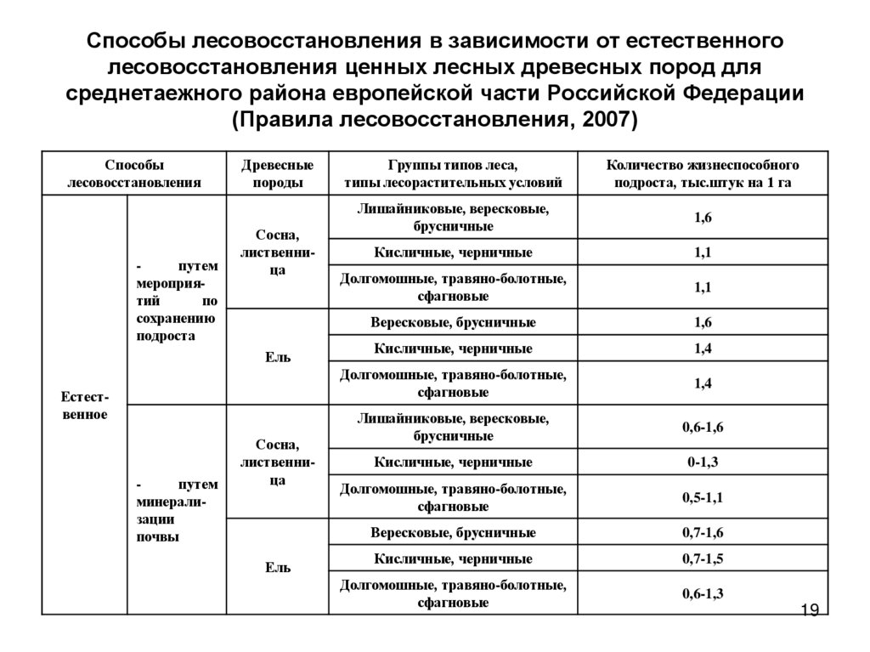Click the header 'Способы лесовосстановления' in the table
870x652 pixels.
click(x=134, y=173)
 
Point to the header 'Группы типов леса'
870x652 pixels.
click(x=453, y=165)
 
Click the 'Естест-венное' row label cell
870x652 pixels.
click(x=84, y=405)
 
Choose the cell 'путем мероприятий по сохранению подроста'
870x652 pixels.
click(x=177, y=301)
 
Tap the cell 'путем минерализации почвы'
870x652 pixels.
click(x=177, y=510)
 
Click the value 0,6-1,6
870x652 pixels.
click(x=702, y=428)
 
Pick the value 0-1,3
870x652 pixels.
click(x=702, y=462)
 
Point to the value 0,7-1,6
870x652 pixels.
click(x=702, y=533)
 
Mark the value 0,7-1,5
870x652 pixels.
click(x=702, y=558)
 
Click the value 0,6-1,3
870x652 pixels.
click(x=702, y=593)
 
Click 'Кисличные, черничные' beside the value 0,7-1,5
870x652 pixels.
click(x=453, y=558)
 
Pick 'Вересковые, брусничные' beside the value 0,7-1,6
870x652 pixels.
click(x=453, y=533)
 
